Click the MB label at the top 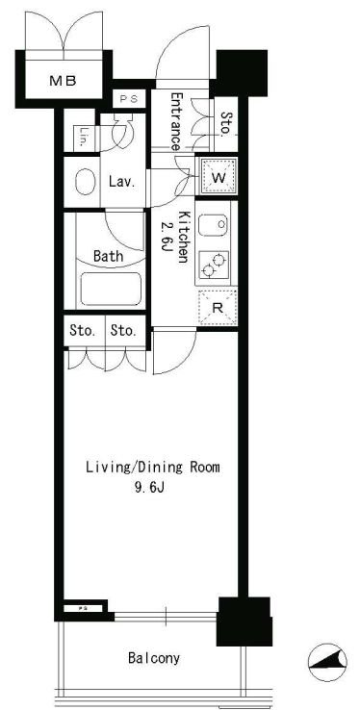63,82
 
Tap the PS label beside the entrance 129,99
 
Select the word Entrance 176,121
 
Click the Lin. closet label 82,136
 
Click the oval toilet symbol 85,182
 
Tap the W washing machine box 219,176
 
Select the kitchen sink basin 214,225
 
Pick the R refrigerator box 218,307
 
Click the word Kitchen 183,237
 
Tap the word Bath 108,256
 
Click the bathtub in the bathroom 111,289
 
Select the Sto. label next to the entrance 225,123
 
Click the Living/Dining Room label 153,468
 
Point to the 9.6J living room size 147,489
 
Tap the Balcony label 153,657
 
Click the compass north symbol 327,663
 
